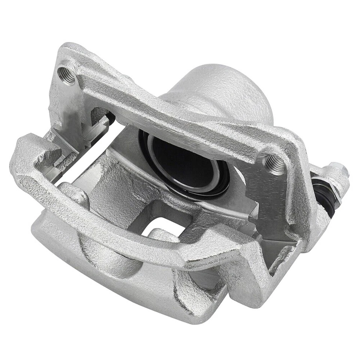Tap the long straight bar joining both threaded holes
(169, 112)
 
